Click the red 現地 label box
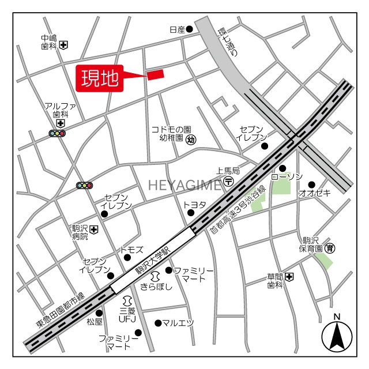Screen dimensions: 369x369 (100, 78)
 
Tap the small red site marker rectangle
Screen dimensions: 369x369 (156, 74)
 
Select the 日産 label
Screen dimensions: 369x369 (176, 29)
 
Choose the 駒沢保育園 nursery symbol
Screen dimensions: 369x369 (330, 248)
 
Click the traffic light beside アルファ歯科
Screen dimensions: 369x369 (57, 134)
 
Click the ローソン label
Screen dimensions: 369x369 (286, 176)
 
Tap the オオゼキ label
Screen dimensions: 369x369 (314, 193)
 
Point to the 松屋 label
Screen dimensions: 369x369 (95, 321)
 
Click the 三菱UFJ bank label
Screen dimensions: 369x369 (127, 314)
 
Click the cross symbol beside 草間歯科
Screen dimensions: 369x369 (289, 277)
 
